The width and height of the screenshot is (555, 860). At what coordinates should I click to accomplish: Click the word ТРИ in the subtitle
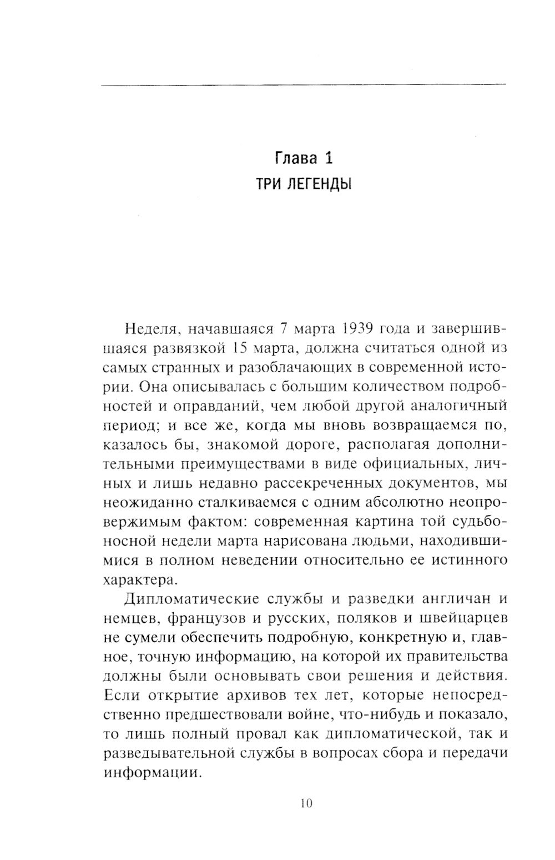[x=265, y=184]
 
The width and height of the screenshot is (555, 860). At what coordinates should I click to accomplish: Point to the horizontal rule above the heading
[x=304, y=84]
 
